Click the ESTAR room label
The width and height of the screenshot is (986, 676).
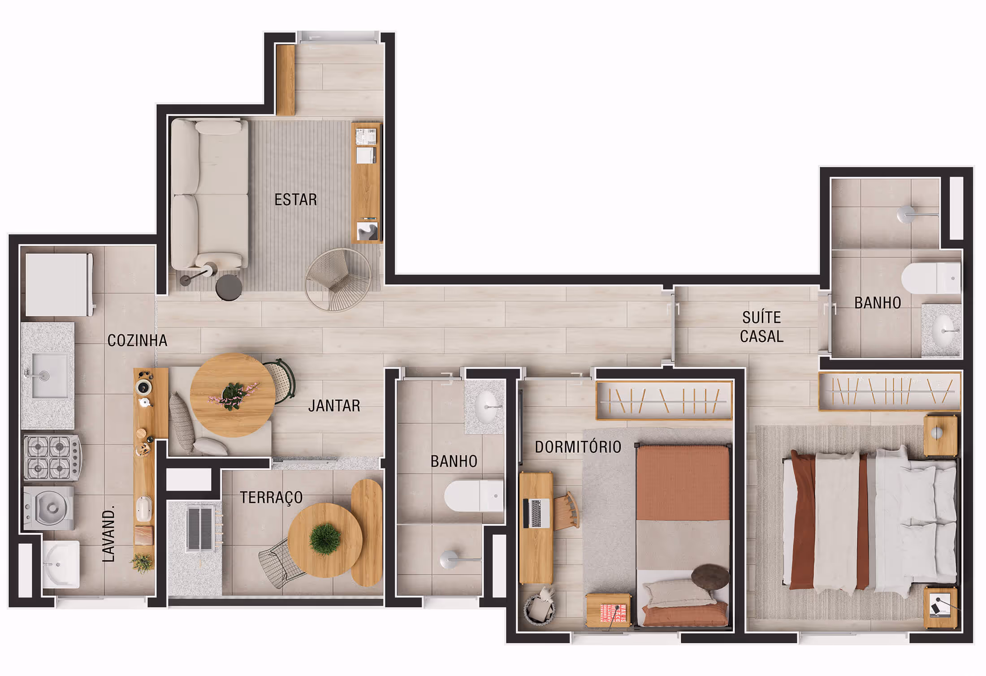pos(295,199)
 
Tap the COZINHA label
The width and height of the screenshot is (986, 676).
pos(137,341)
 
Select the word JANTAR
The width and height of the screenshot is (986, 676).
pos(334,406)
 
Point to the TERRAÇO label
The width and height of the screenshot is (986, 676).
pos(271,498)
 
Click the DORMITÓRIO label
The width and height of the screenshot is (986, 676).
pos(578,447)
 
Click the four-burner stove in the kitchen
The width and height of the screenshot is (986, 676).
pos(52,457)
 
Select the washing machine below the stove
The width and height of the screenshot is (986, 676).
pos(49,508)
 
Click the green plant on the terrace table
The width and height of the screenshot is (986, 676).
pos(325,538)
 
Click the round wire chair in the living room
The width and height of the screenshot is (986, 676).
pos(338,280)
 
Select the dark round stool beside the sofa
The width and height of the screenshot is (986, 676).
pos(229,287)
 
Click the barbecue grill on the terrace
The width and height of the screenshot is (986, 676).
pos(199,529)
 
